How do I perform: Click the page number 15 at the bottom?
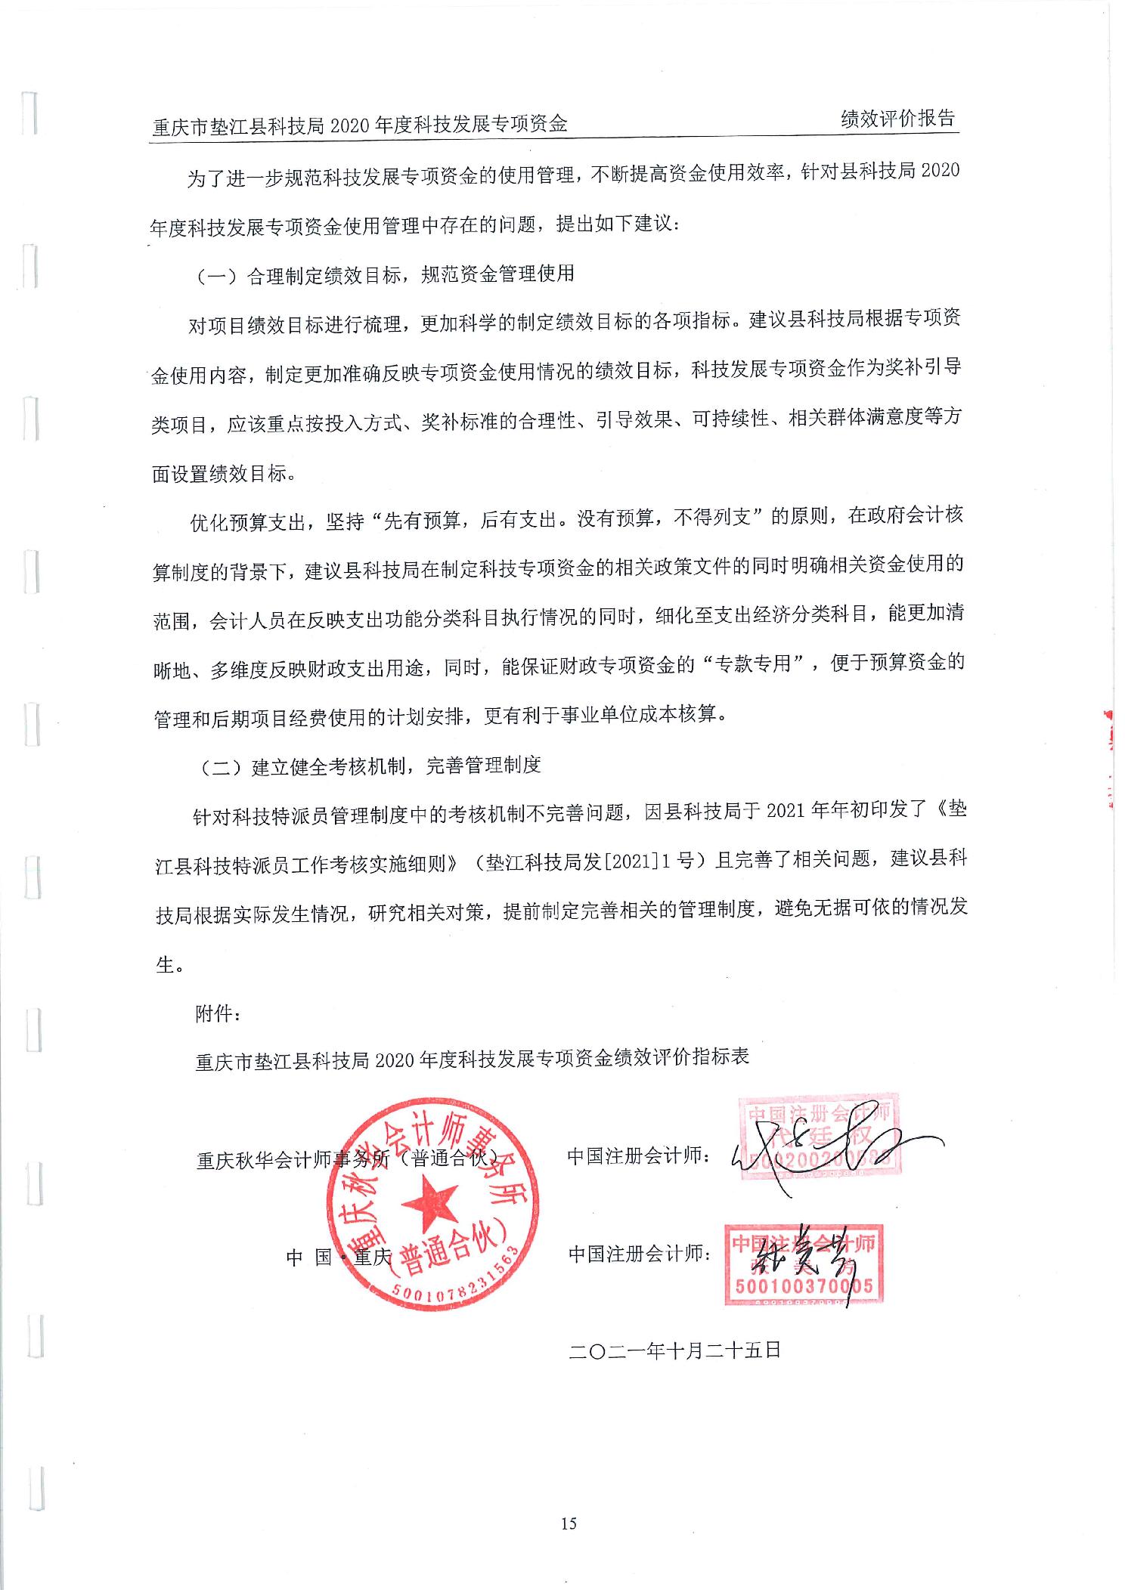pyautogui.click(x=569, y=1523)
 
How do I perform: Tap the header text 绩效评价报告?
pyautogui.click(x=897, y=119)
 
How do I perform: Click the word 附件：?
pyautogui.click(x=218, y=1013)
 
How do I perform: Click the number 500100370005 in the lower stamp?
pyautogui.click(x=804, y=1285)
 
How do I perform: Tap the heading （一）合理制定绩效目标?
pyautogui.click(x=385, y=274)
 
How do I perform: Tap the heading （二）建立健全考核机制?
pyautogui.click(x=370, y=766)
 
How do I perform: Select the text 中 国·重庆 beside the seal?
pyautogui.click(x=339, y=1257)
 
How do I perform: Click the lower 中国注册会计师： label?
pyautogui.click(x=640, y=1254)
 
